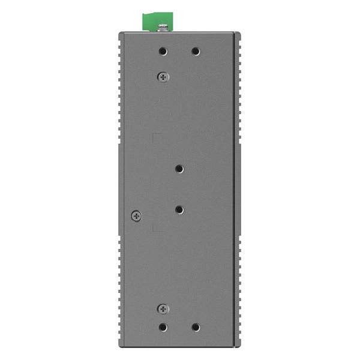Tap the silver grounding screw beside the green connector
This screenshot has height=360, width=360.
[163, 27]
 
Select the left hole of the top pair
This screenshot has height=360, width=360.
[163, 52]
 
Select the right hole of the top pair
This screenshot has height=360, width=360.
[196, 52]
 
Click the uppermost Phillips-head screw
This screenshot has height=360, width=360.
[163, 76]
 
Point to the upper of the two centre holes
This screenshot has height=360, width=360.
[179, 169]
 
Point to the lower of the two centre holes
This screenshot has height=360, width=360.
[179, 209]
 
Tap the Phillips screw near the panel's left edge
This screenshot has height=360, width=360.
[136, 215]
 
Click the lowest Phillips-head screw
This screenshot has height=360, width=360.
[163, 308]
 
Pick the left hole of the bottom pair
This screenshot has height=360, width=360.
[163, 328]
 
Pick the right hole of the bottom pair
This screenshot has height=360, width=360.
[196, 328]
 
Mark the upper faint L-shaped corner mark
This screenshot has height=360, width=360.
[155, 136]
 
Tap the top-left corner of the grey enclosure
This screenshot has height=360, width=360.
[120, 33]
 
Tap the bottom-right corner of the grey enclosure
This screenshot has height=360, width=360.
[239, 346]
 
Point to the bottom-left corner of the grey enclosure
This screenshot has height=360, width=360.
[120, 346]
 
